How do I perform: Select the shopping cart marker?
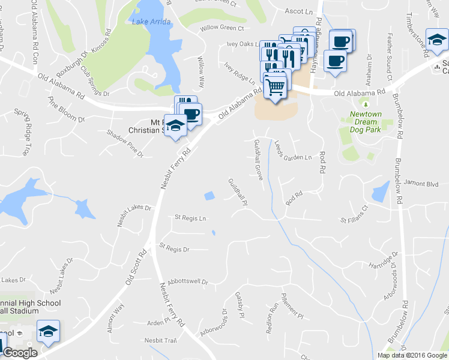(276, 88)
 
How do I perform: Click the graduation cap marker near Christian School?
(175, 126)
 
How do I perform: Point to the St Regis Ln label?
(190, 217)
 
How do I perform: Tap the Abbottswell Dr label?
(187, 281)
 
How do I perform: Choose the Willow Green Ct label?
(222, 28)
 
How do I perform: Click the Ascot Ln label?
(299, 11)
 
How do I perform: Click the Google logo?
(19, 353)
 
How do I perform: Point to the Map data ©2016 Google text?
(411, 355)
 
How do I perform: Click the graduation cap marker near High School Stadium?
(47, 331)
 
